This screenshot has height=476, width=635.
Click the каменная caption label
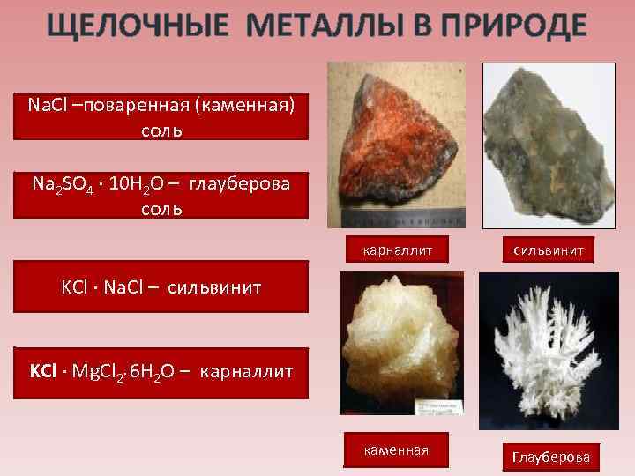pos(395,450)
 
